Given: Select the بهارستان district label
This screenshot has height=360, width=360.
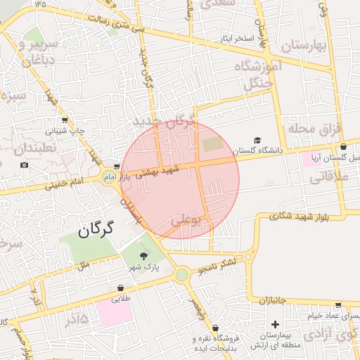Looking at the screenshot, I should (x=304, y=46).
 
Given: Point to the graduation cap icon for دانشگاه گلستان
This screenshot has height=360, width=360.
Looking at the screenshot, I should (x=258, y=141).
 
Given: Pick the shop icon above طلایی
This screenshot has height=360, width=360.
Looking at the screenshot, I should (x=120, y=288).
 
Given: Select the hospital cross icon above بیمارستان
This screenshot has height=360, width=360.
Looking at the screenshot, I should (x=274, y=325).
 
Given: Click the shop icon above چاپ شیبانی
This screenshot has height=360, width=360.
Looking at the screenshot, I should (x=65, y=120).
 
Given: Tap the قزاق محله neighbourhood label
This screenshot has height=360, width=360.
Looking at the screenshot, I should (x=314, y=129).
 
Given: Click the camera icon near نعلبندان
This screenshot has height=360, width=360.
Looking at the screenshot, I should (x=25, y=165).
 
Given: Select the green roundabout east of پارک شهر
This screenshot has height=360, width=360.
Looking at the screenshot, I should (x=182, y=274).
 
